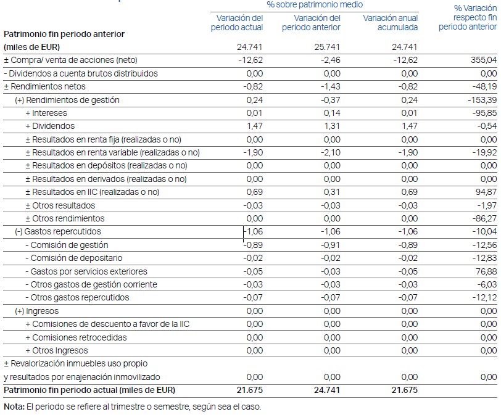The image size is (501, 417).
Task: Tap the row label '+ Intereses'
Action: pos(46,113)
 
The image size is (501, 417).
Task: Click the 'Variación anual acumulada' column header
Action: pos(391,23)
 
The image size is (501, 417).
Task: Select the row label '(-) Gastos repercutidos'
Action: pos(57,232)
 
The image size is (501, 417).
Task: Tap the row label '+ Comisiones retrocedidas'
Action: pos(76,337)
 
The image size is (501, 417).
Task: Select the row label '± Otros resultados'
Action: pos(60,205)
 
